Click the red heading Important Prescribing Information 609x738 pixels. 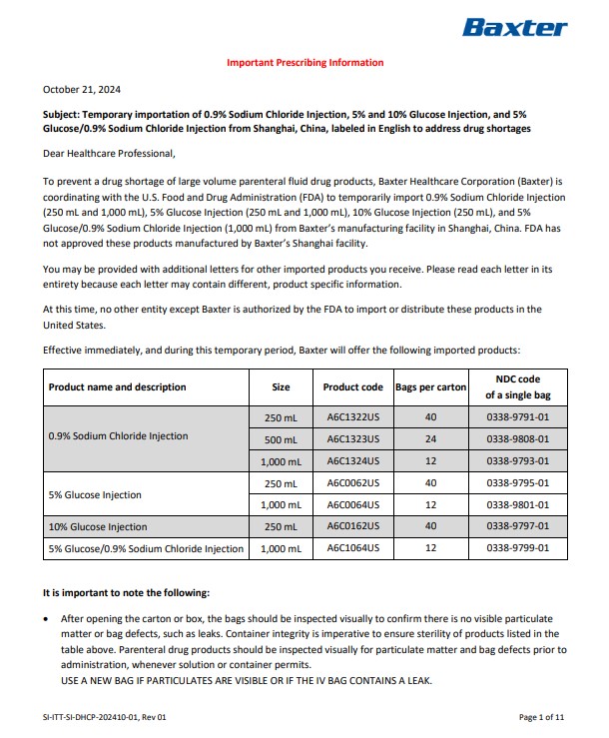point(304,63)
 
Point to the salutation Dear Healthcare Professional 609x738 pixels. point(110,154)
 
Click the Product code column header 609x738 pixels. point(352,386)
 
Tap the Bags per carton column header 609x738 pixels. point(430,386)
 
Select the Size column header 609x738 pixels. point(281,386)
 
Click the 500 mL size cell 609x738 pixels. point(281,439)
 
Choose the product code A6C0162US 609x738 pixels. point(352,526)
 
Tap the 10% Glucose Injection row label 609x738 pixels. point(98,526)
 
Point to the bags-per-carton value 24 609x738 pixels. point(430,439)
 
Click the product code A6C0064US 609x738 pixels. point(352,504)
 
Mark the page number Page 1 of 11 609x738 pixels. point(542,716)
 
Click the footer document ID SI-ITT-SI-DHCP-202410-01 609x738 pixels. point(96,716)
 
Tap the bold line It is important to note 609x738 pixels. point(127,592)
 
